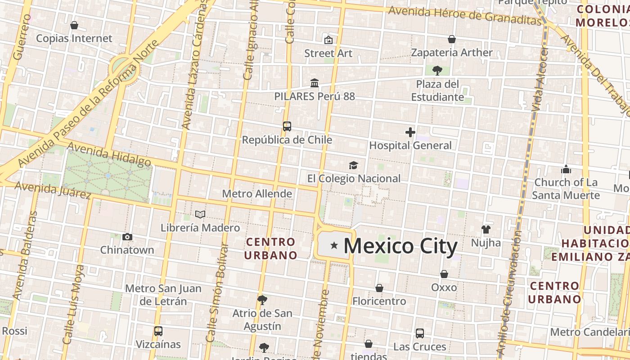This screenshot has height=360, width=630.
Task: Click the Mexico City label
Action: tap(400, 246)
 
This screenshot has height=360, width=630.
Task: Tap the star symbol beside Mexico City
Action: tap(334, 245)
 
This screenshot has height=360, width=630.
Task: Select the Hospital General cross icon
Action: tap(410, 132)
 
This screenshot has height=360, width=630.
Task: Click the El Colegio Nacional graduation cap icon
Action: tap(354, 165)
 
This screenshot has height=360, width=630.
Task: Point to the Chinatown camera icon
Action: tap(127, 237)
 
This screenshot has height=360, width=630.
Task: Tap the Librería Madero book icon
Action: tap(200, 215)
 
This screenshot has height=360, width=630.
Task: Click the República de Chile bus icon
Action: tap(287, 126)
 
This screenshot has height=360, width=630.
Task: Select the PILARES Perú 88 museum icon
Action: tap(315, 83)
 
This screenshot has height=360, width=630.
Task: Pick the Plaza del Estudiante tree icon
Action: tap(437, 70)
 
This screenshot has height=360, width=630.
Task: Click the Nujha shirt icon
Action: tap(486, 229)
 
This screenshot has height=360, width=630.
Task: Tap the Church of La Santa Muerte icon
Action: tap(566, 169)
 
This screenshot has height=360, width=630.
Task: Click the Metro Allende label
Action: tap(257, 194)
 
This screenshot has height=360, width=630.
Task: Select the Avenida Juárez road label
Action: tap(53, 190)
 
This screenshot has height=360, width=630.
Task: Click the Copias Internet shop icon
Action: tap(74, 25)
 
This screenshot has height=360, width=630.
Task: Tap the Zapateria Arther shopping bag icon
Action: tap(452, 40)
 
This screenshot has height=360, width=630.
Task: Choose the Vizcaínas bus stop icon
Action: tap(158, 331)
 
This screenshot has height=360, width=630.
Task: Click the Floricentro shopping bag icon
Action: tap(379, 288)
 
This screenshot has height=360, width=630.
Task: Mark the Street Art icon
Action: tap(328, 40)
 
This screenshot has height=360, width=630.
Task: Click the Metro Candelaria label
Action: tap(589, 332)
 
